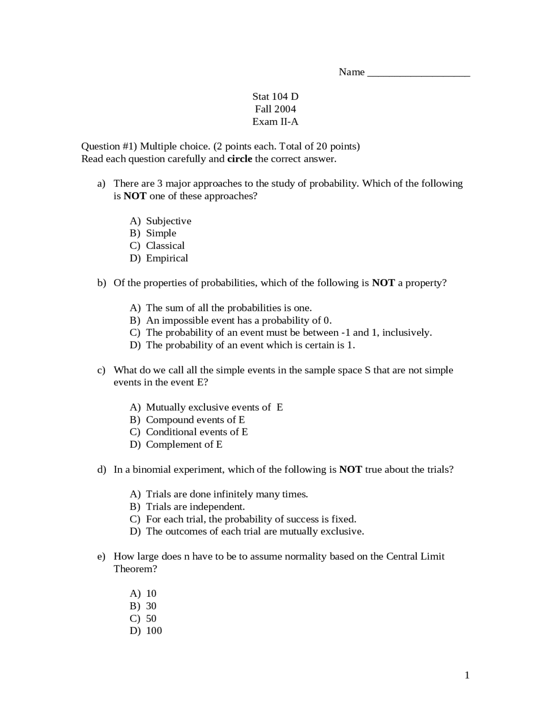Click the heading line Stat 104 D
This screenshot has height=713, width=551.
coord(275,96)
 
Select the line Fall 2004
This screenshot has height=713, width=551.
coord(275,109)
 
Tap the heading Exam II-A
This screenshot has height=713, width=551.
coord(275,121)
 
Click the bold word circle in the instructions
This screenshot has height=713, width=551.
coord(239,159)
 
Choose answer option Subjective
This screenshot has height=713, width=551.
coord(168,221)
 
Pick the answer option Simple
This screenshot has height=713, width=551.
coord(161,233)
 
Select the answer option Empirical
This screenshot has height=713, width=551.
coord(167,258)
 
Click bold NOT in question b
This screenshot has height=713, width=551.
coord(383,283)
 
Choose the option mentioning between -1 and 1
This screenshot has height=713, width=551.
coord(288,332)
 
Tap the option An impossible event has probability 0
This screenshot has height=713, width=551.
coord(238,320)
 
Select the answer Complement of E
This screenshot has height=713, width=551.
coord(184,444)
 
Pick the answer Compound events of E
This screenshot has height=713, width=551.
coord(195,420)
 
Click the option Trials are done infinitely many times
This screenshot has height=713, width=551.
coord(227,494)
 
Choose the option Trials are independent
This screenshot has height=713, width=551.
coord(195,507)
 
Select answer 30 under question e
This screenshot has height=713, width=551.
coord(151,606)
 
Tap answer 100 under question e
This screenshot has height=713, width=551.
coord(154,631)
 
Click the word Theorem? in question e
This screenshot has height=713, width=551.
coord(135,569)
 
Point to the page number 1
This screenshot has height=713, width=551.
coord(467,675)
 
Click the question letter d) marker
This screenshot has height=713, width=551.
coord(102,469)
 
